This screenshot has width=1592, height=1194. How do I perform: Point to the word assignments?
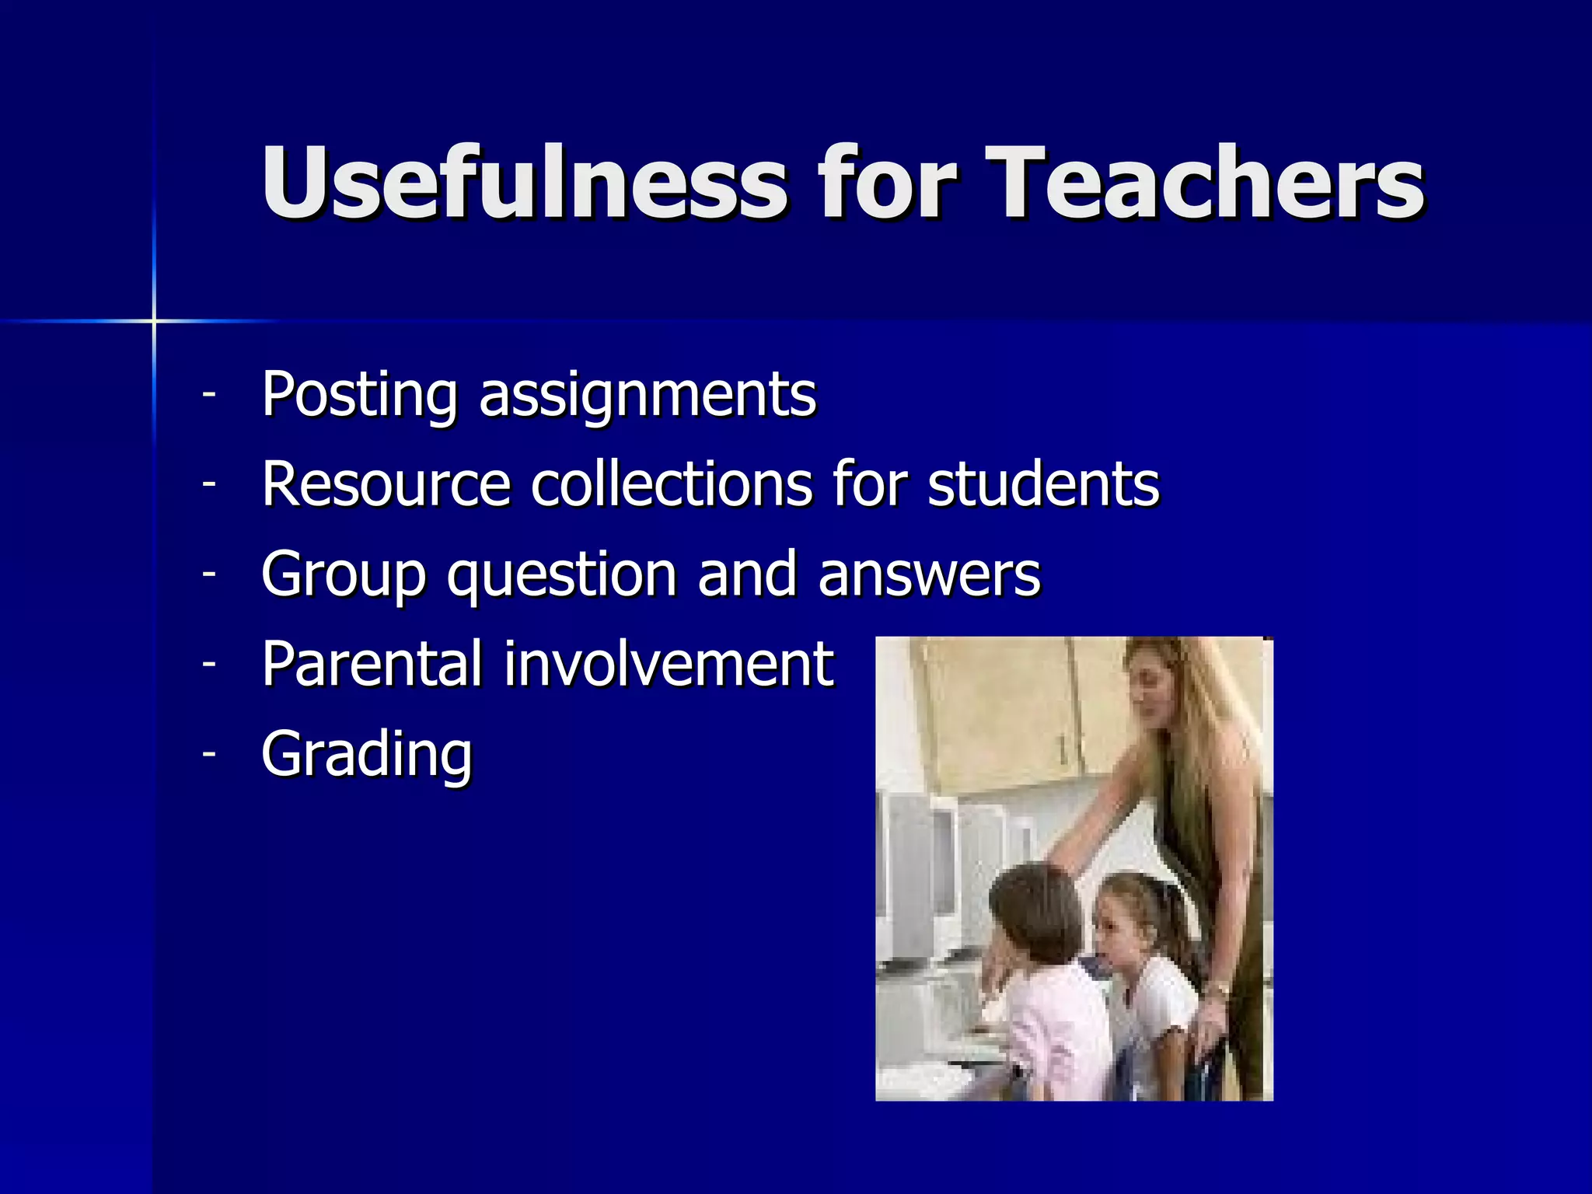click(x=648, y=396)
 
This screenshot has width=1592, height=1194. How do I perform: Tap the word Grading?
click(x=367, y=754)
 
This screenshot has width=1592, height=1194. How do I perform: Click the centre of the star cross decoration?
click(x=154, y=320)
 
